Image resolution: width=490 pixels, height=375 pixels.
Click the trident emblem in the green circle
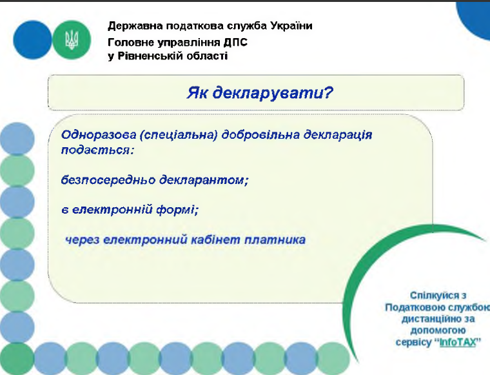click(x=72, y=40)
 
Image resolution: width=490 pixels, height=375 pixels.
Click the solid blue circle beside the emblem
click(x=32, y=40)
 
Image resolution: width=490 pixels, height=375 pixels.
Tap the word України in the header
click(x=291, y=26)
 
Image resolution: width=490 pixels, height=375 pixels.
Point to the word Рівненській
click(x=150, y=56)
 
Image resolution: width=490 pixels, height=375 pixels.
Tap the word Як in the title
click(x=197, y=93)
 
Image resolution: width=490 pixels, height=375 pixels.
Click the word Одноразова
click(x=99, y=135)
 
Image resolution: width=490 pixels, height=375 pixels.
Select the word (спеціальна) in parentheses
click(x=179, y=135)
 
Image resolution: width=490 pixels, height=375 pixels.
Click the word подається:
click(x=97, y=150)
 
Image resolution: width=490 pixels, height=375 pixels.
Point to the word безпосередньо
click(x=108, y=180)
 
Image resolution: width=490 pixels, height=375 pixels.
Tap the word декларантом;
click(x=204, y=180)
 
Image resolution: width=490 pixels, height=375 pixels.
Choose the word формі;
click(x=177, y=210)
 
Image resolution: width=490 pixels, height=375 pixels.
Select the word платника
click(x=275, y=240)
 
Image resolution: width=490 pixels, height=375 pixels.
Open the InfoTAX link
click(x=458, y=342)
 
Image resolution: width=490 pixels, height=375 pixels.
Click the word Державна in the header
click(x=135, y=26)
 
